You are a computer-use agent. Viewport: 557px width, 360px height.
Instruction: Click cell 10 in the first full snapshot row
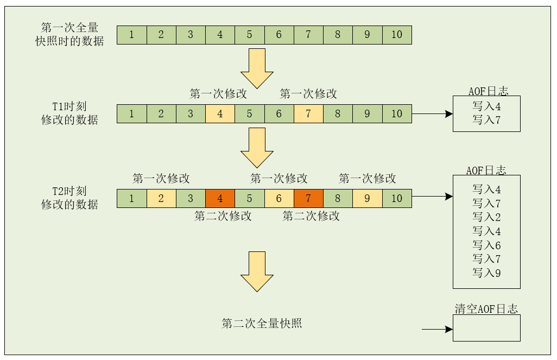397,35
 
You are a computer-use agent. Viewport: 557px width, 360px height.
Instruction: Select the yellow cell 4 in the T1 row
220,114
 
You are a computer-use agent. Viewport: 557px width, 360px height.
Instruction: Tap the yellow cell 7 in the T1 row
308,114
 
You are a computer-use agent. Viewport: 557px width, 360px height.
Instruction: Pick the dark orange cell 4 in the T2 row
220,198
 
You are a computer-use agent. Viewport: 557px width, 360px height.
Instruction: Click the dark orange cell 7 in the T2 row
308,198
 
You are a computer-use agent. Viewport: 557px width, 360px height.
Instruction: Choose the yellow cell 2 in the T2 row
161,198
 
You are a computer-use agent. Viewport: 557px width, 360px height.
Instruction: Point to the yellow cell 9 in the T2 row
367,198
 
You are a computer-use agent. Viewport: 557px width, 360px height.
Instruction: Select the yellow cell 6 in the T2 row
278,198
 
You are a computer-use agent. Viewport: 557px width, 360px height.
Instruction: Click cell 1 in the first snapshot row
131,35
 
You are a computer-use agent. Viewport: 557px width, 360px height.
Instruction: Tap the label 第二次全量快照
262,324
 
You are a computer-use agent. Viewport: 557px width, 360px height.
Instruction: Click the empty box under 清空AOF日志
486,328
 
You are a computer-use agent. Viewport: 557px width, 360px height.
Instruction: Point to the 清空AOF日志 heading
486,309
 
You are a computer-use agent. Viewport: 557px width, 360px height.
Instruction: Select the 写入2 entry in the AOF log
486,217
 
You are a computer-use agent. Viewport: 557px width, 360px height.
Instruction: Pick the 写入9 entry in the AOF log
486,273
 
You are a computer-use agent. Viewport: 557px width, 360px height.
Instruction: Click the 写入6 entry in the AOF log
486,245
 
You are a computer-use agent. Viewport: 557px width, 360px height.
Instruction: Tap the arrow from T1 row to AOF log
432,114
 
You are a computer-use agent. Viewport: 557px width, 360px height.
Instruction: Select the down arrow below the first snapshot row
257,68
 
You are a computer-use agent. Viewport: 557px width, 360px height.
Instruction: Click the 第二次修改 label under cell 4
223,216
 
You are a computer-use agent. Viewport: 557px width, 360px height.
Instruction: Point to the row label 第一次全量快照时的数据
69,34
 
